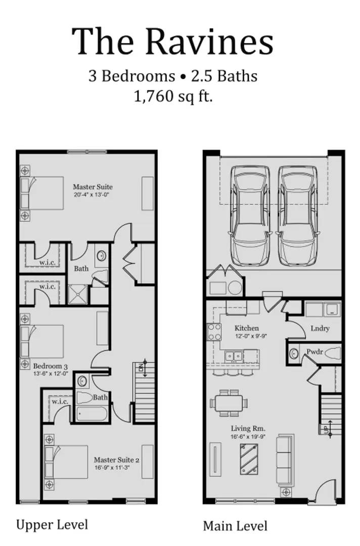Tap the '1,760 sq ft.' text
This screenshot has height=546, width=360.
tap(173, 96)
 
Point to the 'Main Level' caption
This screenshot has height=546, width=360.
tap(235, 526)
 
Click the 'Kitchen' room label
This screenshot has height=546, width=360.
tap(246, 328)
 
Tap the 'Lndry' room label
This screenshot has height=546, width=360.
tap(320, 329)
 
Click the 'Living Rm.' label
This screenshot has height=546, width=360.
tap(245, 428)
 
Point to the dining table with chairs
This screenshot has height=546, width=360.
tap(229, 403)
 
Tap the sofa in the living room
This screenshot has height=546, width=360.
tap(285, 461)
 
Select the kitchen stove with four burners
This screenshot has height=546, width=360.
tap(214, 332)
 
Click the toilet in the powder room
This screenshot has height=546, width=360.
tap(331, 352)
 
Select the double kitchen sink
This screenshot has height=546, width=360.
tap(234, 356)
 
